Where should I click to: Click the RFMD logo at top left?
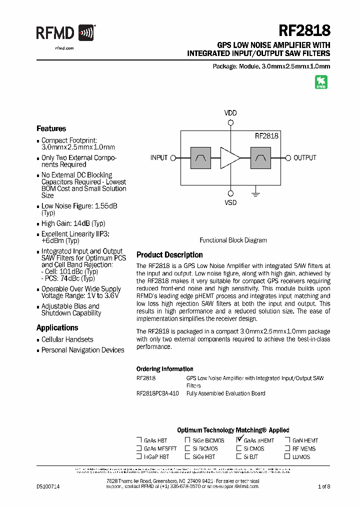click(x=65, y=33)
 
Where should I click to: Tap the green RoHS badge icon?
click(x=320, y=82)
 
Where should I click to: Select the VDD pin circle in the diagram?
click(x=230, y=122)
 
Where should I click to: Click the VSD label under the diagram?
click(x=230, y=203)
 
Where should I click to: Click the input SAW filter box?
click(x=200, y=157)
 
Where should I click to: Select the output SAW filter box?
click(x=260, y=157)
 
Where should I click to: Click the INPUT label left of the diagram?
click(x=159, y=158)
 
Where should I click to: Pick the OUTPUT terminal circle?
click(x=288, y=157)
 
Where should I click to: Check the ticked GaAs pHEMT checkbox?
click(x=239, y=440)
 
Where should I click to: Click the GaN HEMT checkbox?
click(x=287, y=440)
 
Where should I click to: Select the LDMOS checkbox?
click(x=287, y=456)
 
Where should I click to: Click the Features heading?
click(x=51, y=128)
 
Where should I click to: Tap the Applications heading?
click(x=57, y=328)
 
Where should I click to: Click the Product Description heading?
click(x=169, y=255)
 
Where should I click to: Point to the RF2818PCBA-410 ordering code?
click(x=157, y=393)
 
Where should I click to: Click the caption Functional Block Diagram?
click(x=233, y=240)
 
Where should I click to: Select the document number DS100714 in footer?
click(x=48, y=486)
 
